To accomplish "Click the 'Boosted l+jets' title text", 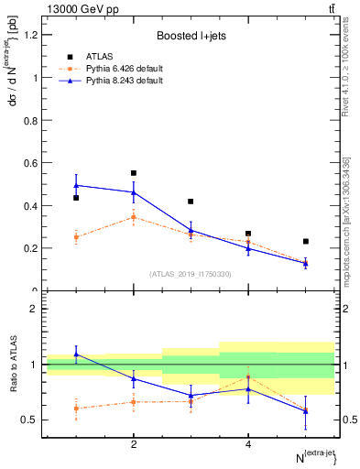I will coord(191,35).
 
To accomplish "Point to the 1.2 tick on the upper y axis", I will coord(31,35).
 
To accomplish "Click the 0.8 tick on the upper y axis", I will coord(31,120).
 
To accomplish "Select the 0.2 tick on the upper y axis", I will coord(31,248).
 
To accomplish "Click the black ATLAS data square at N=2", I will coord(134,173).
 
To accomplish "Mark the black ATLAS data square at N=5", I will coord(305,242).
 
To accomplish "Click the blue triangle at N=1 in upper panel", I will coord(77,185).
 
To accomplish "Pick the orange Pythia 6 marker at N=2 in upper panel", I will coord(134,217).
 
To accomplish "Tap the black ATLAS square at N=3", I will coord(191,202).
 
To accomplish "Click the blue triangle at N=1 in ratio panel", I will coord(77,354).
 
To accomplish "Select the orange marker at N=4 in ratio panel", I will coord(248,377).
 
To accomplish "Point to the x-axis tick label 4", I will coord(248,444).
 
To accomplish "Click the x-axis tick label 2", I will coord(134,444).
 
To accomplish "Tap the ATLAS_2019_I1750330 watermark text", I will coord(191,274).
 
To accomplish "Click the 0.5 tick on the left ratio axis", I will coord(31,420).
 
